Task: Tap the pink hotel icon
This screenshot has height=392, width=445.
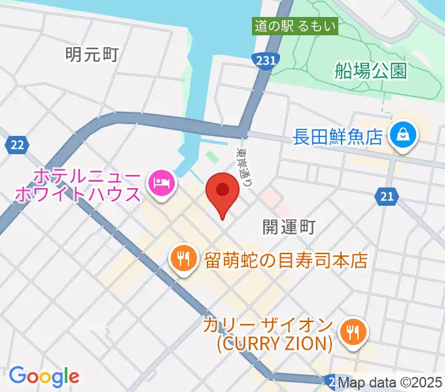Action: pos(161,181)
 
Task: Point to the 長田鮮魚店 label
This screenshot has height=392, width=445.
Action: pos(337,137)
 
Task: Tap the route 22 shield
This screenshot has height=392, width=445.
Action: pos(17,144)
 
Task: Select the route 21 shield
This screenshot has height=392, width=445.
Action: pos(388,195)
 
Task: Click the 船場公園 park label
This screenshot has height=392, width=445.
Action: pos(370,71)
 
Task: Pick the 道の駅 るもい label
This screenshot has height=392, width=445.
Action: pos(296,27)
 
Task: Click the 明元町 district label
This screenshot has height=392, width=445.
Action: pos(92,54)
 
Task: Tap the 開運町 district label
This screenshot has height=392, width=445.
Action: pos(289,227)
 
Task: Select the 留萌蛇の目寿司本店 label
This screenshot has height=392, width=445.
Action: pos(285,260)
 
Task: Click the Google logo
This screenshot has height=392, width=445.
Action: pos(44,376)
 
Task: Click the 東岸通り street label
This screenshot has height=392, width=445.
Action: pos(245,167)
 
